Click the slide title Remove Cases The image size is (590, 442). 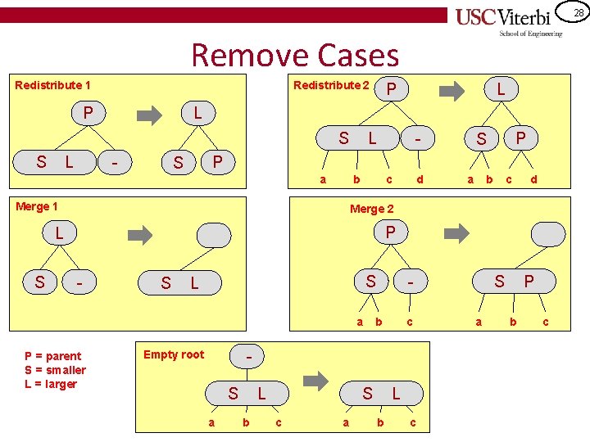click(295, 56)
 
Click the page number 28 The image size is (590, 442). click(578, 12)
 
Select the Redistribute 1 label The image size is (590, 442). click(53, 85)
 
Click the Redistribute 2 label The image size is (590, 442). click(331, 85)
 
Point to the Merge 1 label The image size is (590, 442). click(37, 206)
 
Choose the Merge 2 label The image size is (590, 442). click(372, 209)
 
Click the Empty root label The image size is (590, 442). click(174, 354)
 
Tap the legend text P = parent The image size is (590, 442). click(53, 356)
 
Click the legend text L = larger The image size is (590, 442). click(51, 384)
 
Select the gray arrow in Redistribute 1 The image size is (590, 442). click(149, 115)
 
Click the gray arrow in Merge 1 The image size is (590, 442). click(142, 236)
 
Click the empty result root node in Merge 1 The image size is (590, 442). click(215, 235)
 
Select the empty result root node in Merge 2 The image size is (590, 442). click(548, 234)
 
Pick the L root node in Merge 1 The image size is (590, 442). click(60, 234)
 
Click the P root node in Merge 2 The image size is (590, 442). click(390, 233)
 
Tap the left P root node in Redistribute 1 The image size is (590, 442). click(87, 112)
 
